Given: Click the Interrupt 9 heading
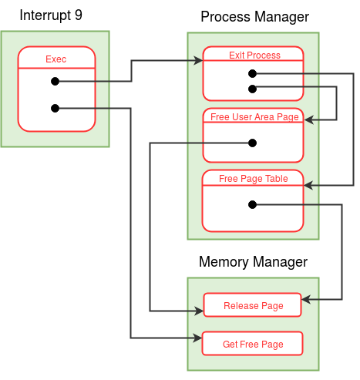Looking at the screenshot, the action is [x=51, y=15].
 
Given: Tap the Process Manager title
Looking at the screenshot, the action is [x=254, y=17].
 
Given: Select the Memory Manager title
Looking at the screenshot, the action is [x=253, y=262].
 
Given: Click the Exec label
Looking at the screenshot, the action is [x=56, y=59].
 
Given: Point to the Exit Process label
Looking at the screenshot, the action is [x=254, y=55].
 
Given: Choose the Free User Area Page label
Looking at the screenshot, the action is [x=254, y=117].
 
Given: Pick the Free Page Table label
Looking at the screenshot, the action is [x=254, y=179].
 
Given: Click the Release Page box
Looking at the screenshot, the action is [x=252, y=304].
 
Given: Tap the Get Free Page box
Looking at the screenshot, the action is [x=253, y=344].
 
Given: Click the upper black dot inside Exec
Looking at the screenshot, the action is [x=56, y=82].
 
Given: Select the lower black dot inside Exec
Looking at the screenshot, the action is [x=56, y=108].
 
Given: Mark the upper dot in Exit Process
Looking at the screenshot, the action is [x=253, y=74].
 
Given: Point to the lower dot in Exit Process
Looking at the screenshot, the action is [x=253, y=89].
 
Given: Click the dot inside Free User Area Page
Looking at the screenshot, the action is [x=253, y=143].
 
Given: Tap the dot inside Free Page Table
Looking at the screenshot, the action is [x=253, y=204].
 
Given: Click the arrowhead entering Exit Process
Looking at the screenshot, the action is [x=198, y=61].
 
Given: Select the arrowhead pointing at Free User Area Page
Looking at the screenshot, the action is [x=309, y=119].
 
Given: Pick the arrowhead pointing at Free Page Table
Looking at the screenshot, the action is [x=308, y=185].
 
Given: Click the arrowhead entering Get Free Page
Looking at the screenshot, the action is [x=197, y=338].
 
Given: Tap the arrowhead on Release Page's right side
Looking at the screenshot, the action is [x=306, y=299].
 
